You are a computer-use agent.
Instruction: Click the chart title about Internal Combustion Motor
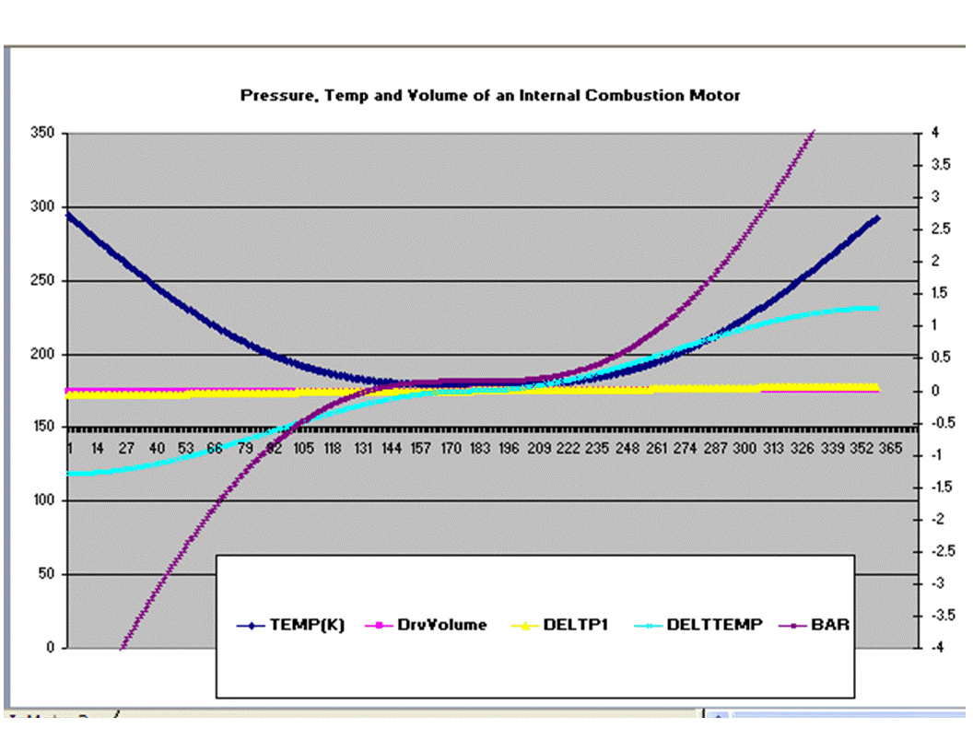coord(489,95)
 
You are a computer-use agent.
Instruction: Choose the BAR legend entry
coord(826,625)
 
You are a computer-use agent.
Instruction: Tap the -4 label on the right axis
coord(936,648)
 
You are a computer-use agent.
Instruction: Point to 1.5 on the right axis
coord(940,294)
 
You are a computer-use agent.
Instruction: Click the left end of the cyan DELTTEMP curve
coord(69,474)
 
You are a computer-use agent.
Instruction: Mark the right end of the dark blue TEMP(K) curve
coord(877,218)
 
